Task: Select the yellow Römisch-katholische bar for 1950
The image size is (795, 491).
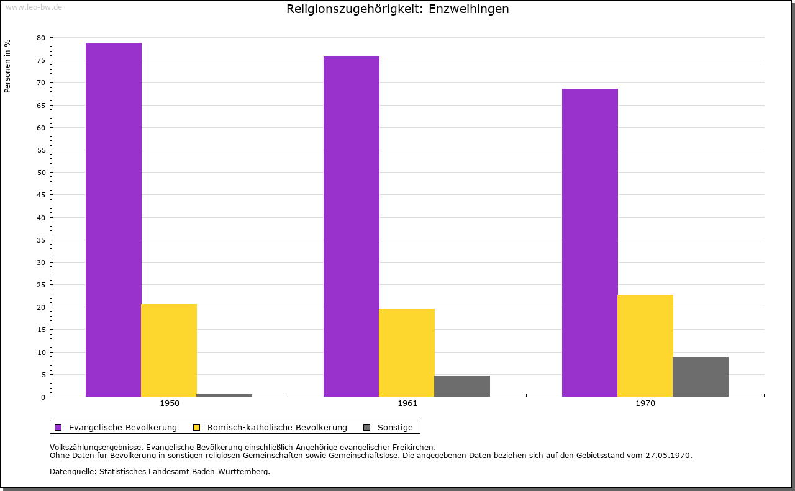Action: pyautogui.click(x=169, y=350)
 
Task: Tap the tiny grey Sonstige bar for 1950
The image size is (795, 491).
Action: pyautogui.click(x=224, y=395)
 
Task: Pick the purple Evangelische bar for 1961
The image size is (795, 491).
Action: pyautogui.click(x=352, y=226)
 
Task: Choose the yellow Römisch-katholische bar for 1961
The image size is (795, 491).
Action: pyautogui.click(x=407, y=352)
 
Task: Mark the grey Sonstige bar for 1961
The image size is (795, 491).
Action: pyautogui.click(x=462, y=385)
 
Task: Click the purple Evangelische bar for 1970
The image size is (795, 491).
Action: pyautogui.click(x=590, y=242)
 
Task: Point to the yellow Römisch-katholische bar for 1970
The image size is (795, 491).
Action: pyautogui.click(x=645, y=345)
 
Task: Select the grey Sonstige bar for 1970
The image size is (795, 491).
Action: pyautogui.click(x=701, y=376)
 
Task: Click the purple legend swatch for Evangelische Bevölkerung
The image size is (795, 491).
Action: pyautogui.click(x=58, y=427)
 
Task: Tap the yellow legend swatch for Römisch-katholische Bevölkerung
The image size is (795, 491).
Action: pyautogui.click(x=197, y=427)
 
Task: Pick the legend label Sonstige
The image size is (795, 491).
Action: pyautogui.click(x=395, y=427)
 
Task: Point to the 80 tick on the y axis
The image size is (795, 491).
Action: pyautogui.click(x=41, y=38)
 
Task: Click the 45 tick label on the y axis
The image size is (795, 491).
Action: pyautogui.click(x=41, y=195)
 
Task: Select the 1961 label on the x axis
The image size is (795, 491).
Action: pyautogui.click(x=407, y=403)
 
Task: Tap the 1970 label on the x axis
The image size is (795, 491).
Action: pyautogui.click(x=645, y=403)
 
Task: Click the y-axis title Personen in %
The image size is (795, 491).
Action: pyautogui.click(x=7, y=66)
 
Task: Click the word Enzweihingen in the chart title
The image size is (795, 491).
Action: pyautogui.click(x=469, y=9)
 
